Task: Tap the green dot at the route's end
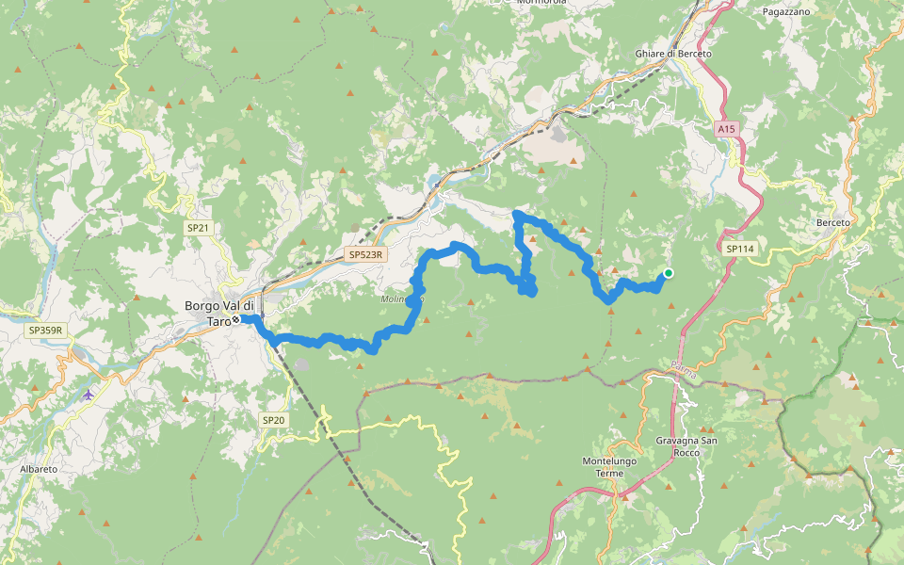click(x=669, y=273)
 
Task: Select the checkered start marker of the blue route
click(x=235, y=319)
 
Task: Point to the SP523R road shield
click(x=365, y=254)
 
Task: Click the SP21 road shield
click(x=197, y=228)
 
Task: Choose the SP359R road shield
click(x=44, y=330)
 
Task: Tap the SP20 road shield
click(x=272, y=419)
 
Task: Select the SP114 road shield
click(x=741, y=249)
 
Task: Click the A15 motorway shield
click(x=724, y=128)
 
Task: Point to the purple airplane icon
click(x=89, y=394)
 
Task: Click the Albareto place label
click(x=39, y=468)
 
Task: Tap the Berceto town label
click(x=834, y=223)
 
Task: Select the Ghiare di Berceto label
click(x=673, y=54)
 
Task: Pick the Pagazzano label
click(x=786, y=11)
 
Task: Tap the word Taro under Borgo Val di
click(x=218, y=322)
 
